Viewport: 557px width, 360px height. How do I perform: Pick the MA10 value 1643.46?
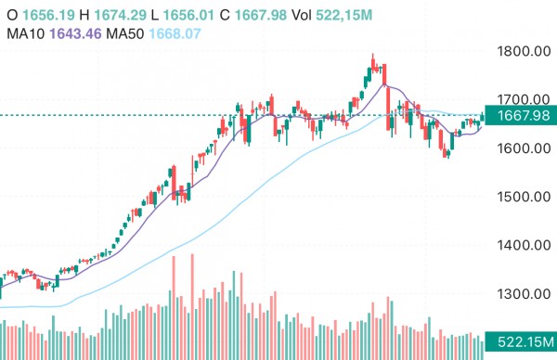(x=75, y=33)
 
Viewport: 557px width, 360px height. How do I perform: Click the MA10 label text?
(x=25, y=33)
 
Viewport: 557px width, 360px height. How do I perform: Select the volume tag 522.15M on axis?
(x=521, y=342)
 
